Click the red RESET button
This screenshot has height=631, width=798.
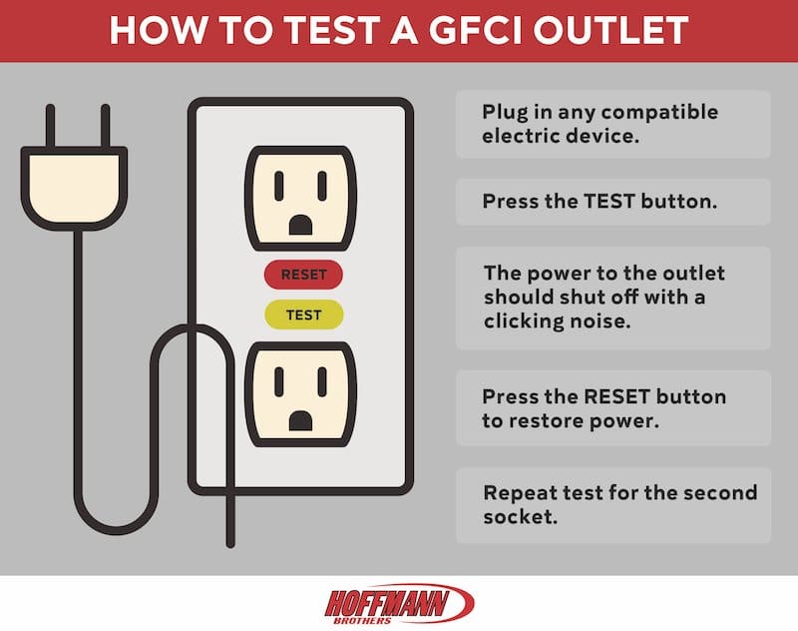pos(302,274)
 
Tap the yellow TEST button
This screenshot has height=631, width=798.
pos(303,315)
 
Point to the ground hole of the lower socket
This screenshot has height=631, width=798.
pos(298,421)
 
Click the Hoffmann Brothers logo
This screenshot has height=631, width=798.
pos(399,603)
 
